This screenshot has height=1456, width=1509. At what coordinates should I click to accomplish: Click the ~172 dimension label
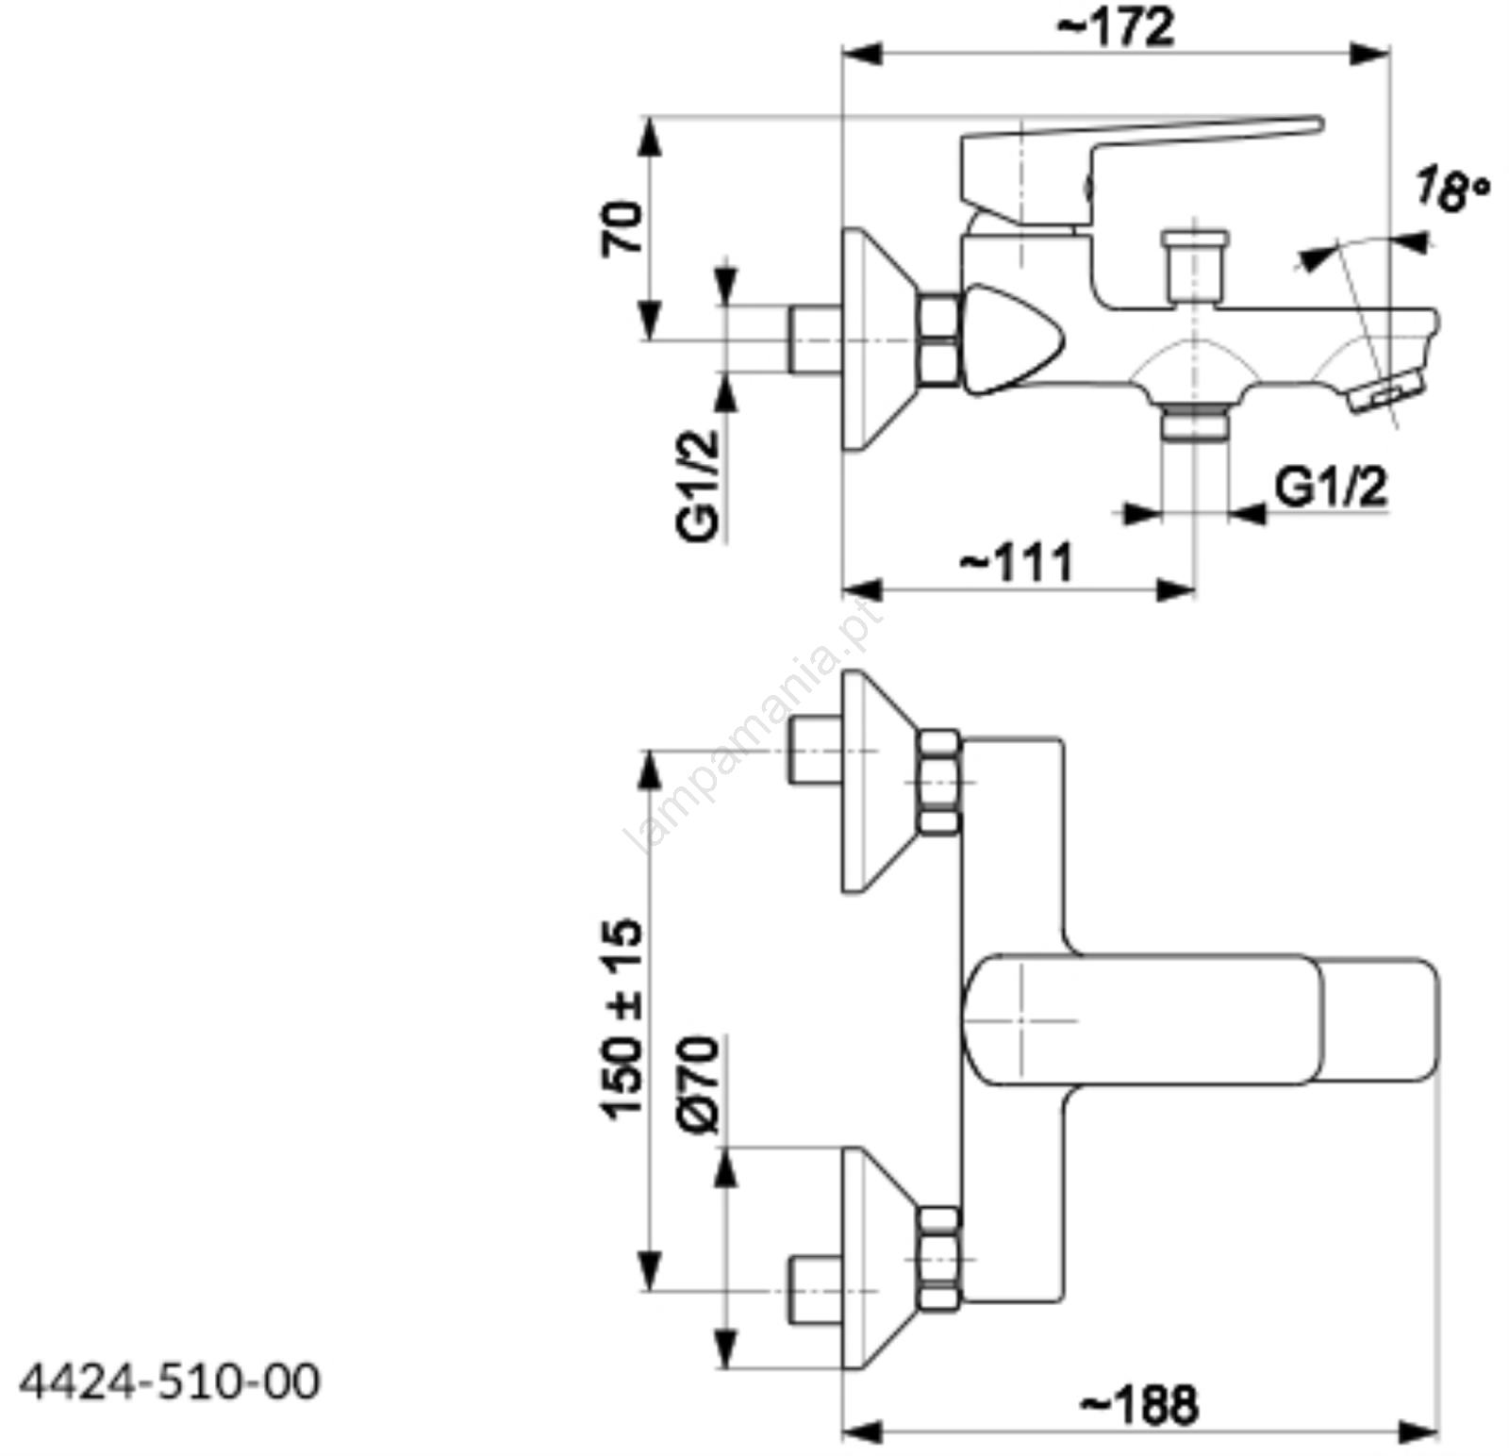[1116, 27]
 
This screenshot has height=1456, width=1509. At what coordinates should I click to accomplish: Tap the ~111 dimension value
[1017, 562]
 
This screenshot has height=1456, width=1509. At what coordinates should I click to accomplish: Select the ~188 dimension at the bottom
[1139, 1404]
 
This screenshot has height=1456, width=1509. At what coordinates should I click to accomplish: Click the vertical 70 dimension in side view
[622, 227]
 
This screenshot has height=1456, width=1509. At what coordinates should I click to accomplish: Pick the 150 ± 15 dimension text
[622, 1019]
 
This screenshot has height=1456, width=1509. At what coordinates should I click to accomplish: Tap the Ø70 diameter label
[698, 1084]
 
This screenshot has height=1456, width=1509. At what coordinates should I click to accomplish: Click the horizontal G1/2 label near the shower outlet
[1331, 488]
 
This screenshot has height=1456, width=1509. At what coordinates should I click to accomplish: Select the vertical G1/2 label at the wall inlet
[698, 485]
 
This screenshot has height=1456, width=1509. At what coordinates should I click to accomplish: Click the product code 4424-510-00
[170, 1382]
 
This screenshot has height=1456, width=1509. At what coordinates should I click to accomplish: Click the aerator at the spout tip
[1387, 390]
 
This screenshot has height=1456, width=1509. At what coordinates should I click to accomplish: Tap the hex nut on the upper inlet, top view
[939, 782]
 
